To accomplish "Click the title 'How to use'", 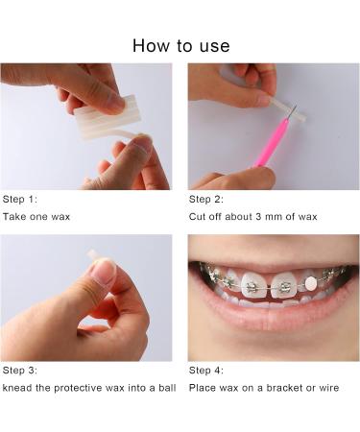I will click(180, 45).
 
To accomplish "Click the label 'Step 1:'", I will click(20, 199).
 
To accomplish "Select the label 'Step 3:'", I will click(20, 370).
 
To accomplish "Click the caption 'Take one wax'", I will click(36, 217).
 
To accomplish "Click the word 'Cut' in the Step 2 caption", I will click(198, 217).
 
